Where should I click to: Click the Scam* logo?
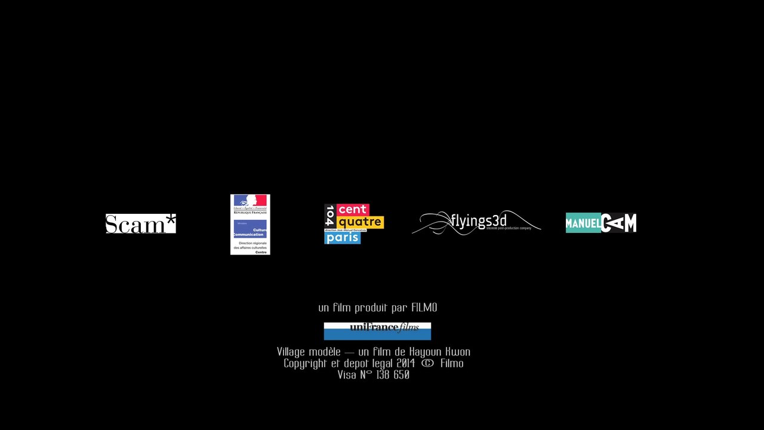tap(140, 223)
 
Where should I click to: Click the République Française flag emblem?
tap(250, 201)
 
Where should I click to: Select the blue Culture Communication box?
tap(250, 228)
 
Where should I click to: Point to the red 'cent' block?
tap(353, 210)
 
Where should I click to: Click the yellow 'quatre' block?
tap(360, 222)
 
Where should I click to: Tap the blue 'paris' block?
tap(342, 238)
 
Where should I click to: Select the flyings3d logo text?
tap(479, 221)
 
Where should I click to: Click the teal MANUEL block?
tap(583, 223)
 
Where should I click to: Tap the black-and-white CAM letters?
tap(619, 223)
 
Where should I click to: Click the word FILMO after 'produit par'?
tap(424, 308)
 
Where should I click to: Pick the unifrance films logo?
tap(377, 331)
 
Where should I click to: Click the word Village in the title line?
tap(291, 352)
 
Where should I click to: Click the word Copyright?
tap(305, 363)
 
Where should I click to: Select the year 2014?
tap(405, 363)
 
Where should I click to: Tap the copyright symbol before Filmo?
tap(427, 363)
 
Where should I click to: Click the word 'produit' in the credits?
tap(372, 308)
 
